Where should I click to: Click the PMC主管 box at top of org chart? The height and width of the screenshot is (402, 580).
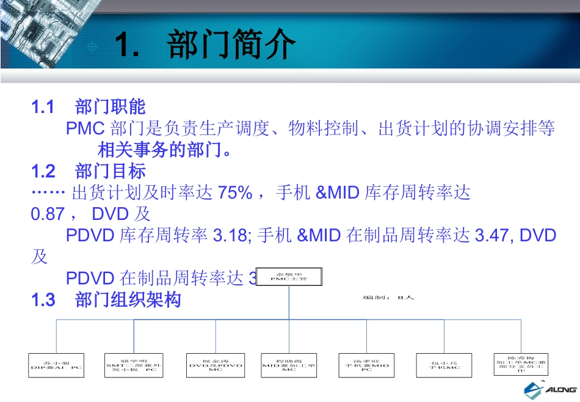[288, 277]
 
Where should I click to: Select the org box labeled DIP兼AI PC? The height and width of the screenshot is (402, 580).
[56, 365]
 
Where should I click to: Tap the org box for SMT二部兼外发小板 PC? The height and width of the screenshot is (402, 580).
[134, 365]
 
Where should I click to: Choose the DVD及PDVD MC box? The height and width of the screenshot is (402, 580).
[216, 365]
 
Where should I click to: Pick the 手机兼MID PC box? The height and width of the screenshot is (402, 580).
[366, 365]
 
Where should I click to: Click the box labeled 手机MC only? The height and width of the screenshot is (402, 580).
[444, 365]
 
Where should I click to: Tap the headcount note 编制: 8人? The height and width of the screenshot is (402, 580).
[388, 298]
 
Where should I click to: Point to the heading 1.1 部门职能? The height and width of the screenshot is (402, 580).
[89, 108]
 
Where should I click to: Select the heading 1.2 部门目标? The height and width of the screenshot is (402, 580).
[89, 170]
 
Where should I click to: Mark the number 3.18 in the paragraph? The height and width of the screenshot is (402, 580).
[230, 235]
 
